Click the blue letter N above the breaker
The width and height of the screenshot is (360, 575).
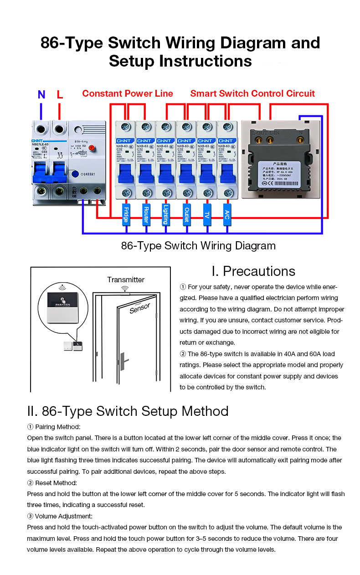(x=41, y=95)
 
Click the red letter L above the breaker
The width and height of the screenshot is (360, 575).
(x=60, y=95)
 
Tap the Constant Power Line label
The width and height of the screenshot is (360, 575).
(x=128, y=93)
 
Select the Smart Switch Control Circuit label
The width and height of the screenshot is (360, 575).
(x=252, y=93)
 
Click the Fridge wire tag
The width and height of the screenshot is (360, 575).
(x=126, y=215)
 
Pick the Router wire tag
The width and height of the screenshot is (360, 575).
(x=146, y=215)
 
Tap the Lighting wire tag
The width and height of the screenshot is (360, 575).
(x=166, y=215)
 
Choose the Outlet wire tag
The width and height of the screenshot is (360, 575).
(x=186, y=215)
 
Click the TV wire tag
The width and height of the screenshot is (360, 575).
(x=207, y=215)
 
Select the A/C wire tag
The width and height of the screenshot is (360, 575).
(x=227, y=215)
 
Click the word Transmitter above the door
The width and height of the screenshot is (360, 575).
(x=126, y=280)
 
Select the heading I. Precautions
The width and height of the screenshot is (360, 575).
(x=253, y=271)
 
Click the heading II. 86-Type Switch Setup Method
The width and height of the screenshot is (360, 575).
(x=128, y=411)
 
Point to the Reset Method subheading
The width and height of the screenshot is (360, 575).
(x=52, y=482)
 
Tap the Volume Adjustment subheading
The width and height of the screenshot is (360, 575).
(x=60, y=516)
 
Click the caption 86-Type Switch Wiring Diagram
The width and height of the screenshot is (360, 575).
(x=198, y=246)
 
